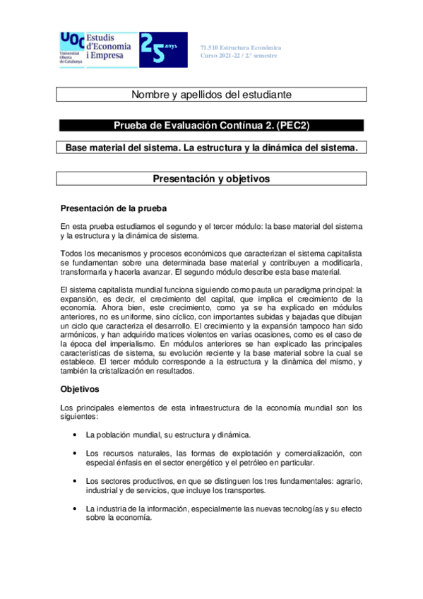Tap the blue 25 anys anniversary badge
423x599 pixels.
pos(163,49)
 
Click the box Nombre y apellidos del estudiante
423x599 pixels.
pos(212,94)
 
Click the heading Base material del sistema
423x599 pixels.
pos(212,148)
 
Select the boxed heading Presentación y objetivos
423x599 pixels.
pos(212,179)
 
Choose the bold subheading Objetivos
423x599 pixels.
pos(80,389)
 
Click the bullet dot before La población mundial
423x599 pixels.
pos(75,434)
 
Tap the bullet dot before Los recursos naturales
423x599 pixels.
pos(75,453)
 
